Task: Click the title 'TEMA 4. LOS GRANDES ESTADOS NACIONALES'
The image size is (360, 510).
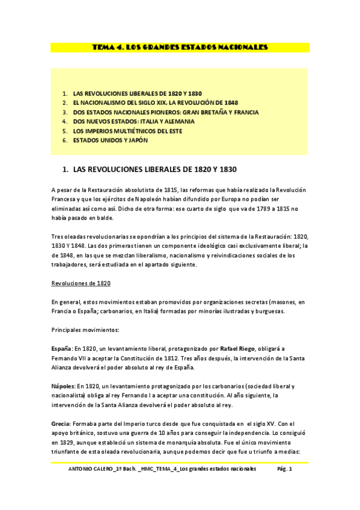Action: (180, 47)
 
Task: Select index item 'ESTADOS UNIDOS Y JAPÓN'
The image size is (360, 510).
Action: (110, 140)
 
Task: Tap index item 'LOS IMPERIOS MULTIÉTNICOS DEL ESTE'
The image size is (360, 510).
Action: (127, 131)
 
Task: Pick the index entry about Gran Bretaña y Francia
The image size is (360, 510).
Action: (166, 112)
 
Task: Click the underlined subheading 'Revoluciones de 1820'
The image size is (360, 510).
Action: (81, 283)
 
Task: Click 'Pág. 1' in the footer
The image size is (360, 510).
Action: (284, 469)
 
